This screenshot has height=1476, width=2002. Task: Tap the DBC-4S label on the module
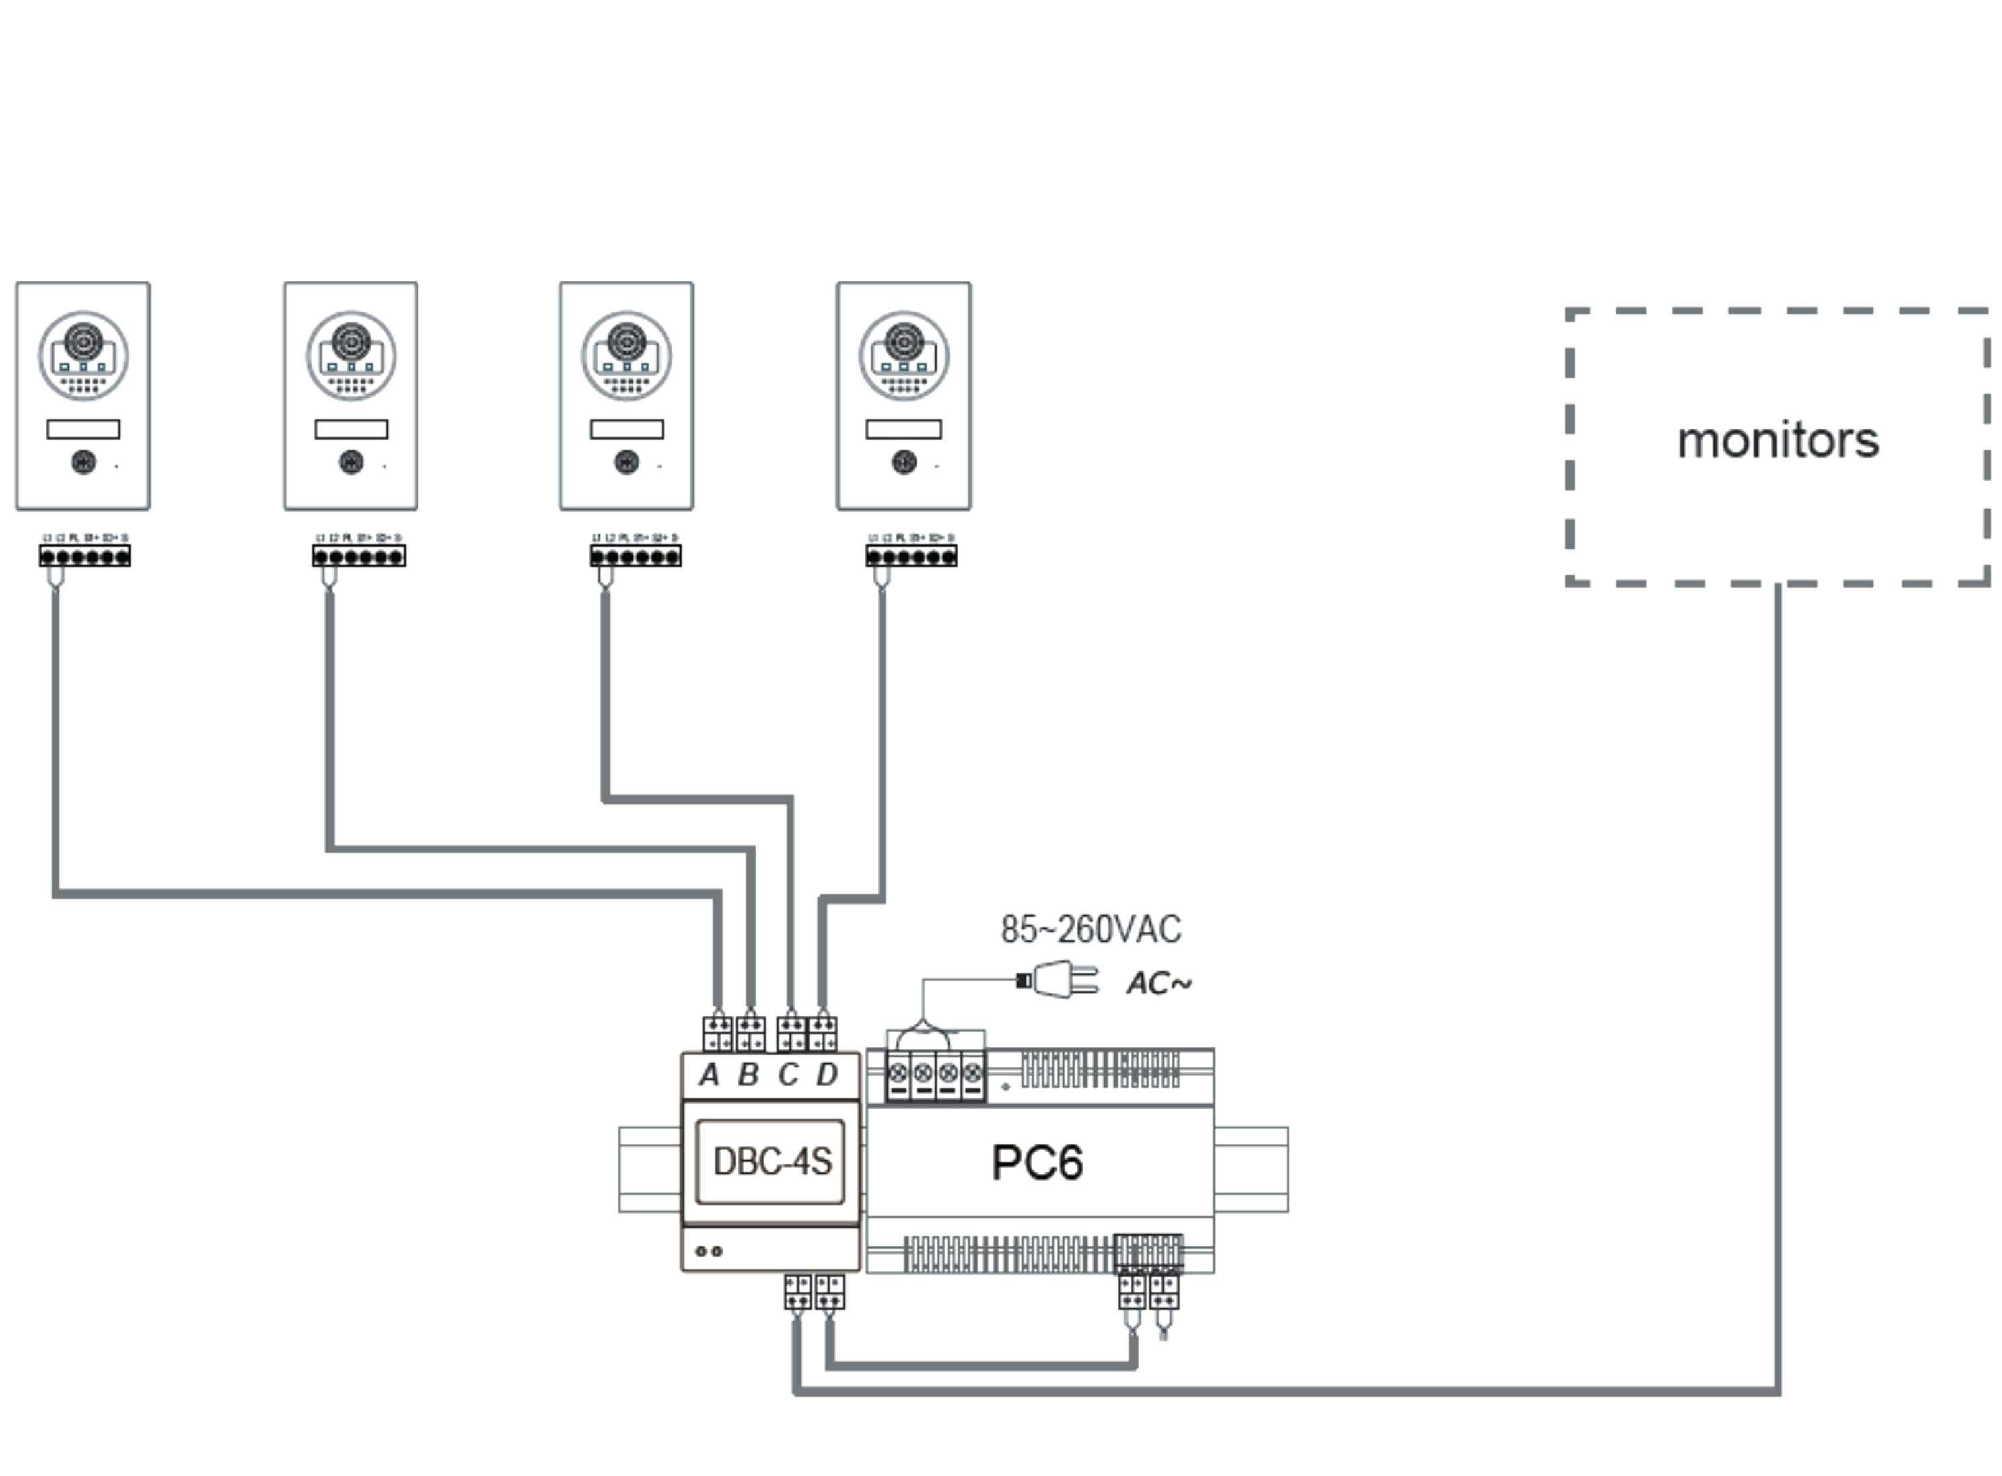pos(772,1162)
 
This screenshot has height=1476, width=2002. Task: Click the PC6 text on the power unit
pos(1036,1162)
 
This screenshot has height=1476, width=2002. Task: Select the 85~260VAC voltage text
pos(1090,930)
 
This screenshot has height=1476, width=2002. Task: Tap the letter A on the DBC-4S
pos(709,1075)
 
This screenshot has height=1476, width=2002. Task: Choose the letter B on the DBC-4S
pos(748,1075)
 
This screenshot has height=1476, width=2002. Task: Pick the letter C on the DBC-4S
pos(787,1075)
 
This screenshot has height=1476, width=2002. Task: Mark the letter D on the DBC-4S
pos(826,1075)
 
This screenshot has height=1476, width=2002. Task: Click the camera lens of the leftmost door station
pos(83,341)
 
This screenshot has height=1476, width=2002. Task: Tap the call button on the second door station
pos(351,462)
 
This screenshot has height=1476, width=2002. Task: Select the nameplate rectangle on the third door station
pos(627,430)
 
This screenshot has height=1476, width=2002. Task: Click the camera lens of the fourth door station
pos(903,341)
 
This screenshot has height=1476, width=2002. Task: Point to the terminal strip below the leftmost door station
pos(84,557)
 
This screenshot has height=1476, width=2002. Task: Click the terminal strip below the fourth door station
pos(910,557)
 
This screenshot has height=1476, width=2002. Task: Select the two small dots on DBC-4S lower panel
pos(709,1251)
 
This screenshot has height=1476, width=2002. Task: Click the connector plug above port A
pos(717,1033)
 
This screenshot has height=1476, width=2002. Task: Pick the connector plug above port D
pos(823,1033)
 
